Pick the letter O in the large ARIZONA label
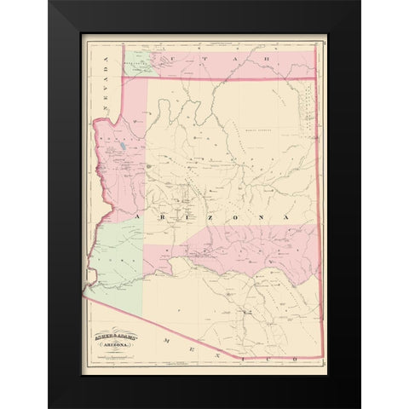coord(226,217)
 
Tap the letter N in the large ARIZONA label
coord(254,217)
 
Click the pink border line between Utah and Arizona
coord(222,78)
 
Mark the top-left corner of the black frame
coord(50,3)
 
